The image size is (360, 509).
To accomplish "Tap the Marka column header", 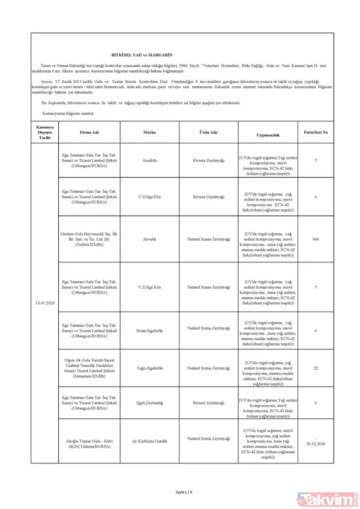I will tap(150, 131).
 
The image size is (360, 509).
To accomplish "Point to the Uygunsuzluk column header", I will tap(265, 136).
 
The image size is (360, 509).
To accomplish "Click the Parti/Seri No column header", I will tap(316, 131).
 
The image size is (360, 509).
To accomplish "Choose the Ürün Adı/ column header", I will tap(208, 131).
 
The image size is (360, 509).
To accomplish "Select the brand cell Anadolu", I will tap(150, 160).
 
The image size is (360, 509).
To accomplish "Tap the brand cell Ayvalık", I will tap(150, 239).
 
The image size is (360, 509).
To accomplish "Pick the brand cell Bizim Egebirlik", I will tap(150, 330).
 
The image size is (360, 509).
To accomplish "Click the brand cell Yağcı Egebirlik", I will tap(150, 367).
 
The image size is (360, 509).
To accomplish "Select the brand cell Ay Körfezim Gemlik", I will tap(150, 441).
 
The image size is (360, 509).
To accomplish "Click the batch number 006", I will tap(316, 239).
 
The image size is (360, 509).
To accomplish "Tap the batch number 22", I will tap(316, 367).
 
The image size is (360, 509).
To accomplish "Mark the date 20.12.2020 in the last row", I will tap(316, 445).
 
